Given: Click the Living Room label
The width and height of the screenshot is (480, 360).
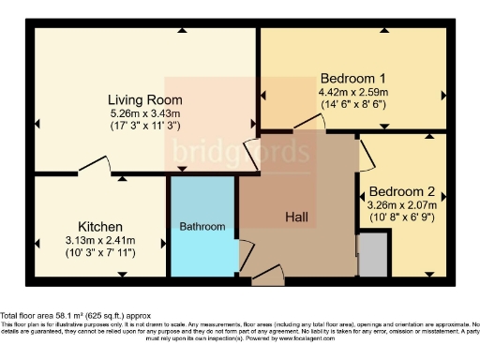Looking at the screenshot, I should (144, 99).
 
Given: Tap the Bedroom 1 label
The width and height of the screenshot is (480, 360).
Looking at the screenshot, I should (352, 78).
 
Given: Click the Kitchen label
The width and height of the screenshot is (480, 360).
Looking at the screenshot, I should (100, 226).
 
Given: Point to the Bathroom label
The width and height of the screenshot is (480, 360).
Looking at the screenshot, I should (202, 227).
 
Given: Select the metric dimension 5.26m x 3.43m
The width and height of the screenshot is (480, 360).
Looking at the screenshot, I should (144, 113).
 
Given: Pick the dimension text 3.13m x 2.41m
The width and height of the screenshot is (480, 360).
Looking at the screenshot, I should (100, 240).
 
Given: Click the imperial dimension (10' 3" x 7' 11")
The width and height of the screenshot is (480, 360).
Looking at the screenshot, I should (100, 254).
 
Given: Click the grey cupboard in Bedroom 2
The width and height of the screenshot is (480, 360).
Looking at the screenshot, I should (371, 255).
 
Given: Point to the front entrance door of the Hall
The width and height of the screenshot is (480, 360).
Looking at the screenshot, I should (267, 275).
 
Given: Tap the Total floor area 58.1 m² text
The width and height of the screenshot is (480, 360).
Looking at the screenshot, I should (75, 316).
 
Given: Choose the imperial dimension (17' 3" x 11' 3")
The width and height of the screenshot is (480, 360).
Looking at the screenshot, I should (144, 127).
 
